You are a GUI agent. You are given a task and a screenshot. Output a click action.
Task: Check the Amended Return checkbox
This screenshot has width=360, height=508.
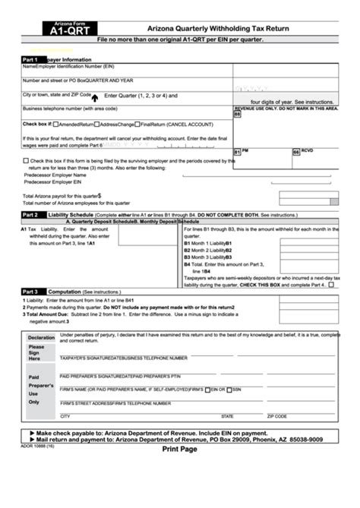pos(56,123)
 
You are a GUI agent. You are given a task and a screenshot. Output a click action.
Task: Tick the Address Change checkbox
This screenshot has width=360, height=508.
pos(96,123)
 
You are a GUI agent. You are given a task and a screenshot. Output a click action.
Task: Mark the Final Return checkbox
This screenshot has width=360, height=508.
pos(137,123)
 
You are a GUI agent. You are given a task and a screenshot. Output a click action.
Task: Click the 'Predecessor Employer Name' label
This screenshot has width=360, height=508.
pos(57,175)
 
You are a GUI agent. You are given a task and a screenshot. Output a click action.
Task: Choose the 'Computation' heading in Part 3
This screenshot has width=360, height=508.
pos(65,291)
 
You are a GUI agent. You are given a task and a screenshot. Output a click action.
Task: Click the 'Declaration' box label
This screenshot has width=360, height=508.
pos(41,337)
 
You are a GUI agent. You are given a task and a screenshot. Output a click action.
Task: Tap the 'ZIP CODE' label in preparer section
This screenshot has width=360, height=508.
pos(276,416)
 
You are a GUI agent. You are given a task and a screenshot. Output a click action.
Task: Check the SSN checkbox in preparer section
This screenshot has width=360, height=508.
pos(229,389)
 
